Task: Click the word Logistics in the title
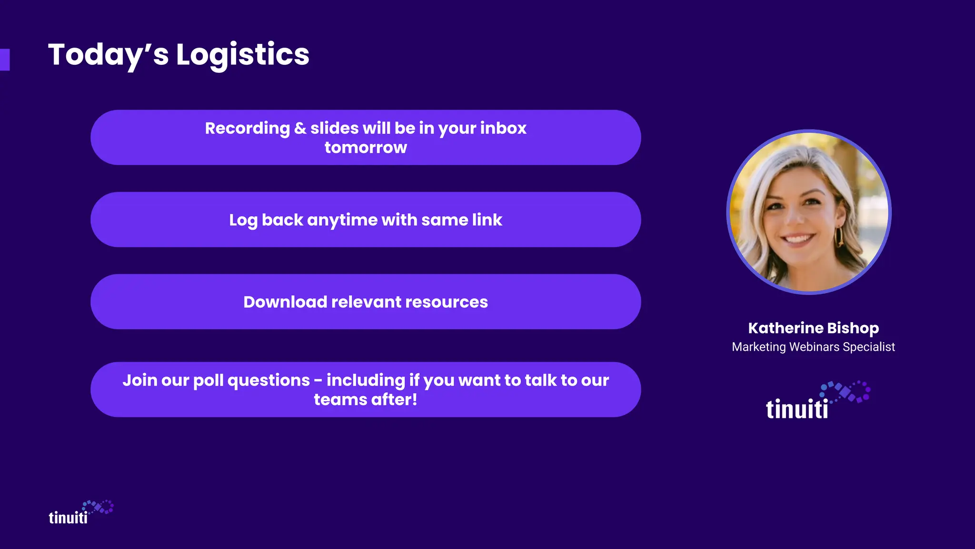(x=242, y=54)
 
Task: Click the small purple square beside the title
(x=5, y=60)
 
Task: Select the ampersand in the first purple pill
(x=300, y=128)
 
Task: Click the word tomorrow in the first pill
(x=366, y=148)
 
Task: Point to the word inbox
(x=503, y=128)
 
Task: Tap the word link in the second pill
(x=487, y=220)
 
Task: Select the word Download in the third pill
(x=285, y=302)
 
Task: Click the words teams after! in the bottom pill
(x=366, y=400)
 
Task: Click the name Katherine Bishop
(x=813, y=328)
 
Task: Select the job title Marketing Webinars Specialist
(x=813, y=347)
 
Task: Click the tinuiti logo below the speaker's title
(x=817, y=401)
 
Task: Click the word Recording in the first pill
(x=247, y=128)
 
